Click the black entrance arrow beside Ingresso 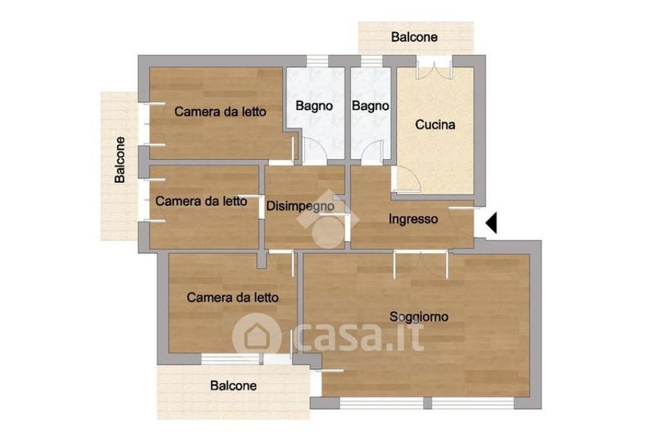491,222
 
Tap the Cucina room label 435,125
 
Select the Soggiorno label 419,317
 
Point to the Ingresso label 413,219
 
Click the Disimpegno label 300,206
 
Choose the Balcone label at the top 414,37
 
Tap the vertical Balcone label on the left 120,160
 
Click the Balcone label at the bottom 234,386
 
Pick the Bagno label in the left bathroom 314,106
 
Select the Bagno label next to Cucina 371,106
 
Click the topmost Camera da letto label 220,112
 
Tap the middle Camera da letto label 201,201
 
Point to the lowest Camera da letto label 233,298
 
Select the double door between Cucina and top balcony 435,68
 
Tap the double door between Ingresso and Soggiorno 421,264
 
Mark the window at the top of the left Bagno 317,61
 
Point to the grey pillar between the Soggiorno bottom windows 427,404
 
